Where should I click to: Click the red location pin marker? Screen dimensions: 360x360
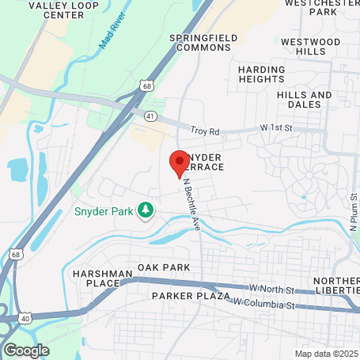click(178, 164)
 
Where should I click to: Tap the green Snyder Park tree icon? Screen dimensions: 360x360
click(146, 210)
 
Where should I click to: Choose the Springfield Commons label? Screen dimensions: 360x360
click(200, 42)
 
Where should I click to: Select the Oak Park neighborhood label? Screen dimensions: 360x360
click(164, 267)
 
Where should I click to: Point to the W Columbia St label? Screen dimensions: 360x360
click(263, 304)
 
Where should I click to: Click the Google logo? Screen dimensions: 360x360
click(27, 349)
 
